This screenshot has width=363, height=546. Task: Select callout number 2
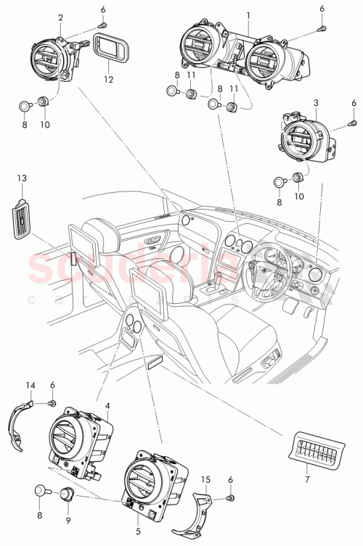point(60,17)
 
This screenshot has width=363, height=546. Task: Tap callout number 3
point(315,104)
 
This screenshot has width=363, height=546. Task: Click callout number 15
point(206,479)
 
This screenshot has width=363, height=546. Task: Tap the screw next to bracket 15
point(232,500)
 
